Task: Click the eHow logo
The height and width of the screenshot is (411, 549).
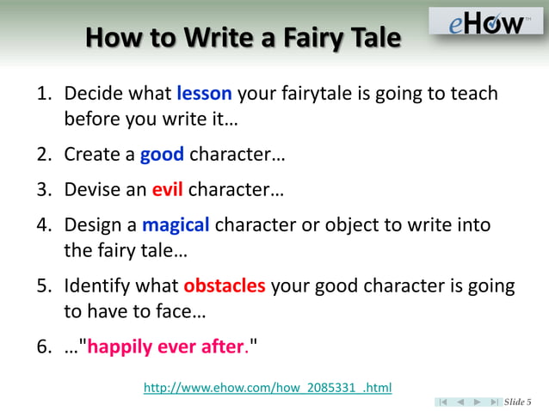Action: click(486, 22)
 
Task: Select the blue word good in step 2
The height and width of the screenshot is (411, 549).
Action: click(162, 156)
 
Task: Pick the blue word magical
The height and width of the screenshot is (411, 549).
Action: click(176, 225)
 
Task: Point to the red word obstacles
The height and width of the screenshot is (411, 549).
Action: click(224, 285)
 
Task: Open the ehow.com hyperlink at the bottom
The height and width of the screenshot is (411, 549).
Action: click(267, 389)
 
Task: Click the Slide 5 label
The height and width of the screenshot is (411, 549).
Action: click(517, 402)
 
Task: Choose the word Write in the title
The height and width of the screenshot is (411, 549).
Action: click(205, 39)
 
